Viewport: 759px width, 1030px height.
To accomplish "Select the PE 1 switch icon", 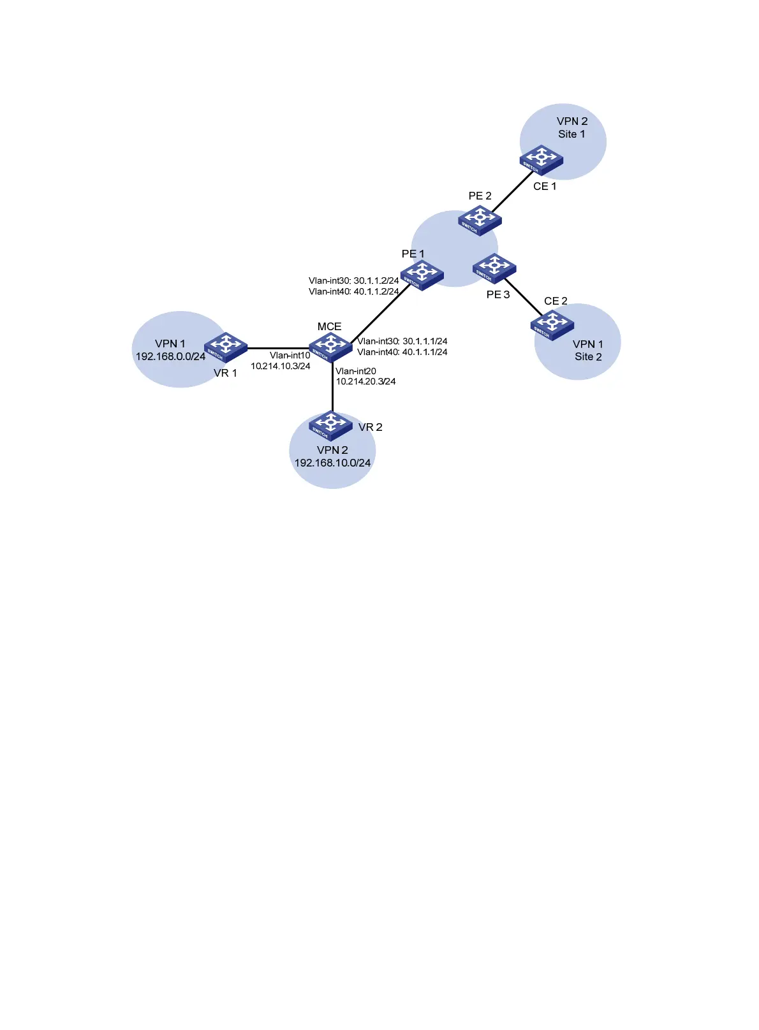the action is (x=422, y=275).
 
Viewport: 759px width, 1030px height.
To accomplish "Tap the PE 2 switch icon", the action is (x=480, y=220).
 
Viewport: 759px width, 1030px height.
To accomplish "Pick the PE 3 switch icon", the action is (x=494, y=268).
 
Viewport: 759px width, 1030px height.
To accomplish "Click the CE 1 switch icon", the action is (x=541, y=160).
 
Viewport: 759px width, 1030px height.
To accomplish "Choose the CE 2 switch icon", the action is (x=552, y=325).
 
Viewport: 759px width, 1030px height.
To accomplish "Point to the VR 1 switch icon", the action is (x=226, y=347).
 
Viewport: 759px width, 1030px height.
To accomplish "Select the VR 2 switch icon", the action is (x=330, y=425).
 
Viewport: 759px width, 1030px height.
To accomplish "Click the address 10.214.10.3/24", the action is (x=281, y=366).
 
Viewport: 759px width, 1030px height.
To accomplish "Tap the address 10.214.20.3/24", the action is (x=365, y=382).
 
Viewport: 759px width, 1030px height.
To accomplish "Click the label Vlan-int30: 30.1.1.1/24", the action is (x=402, y=342).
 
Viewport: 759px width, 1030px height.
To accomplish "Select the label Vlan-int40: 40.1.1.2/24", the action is (x=353, y=292).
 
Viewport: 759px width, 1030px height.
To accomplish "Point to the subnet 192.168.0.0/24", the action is (x=170, y=357).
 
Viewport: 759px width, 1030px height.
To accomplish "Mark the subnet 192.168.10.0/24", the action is (x=332, y=463).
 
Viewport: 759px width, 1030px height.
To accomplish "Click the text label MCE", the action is (x=329, y=327).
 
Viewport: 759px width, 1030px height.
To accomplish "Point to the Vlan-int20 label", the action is (x=356, y=372).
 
